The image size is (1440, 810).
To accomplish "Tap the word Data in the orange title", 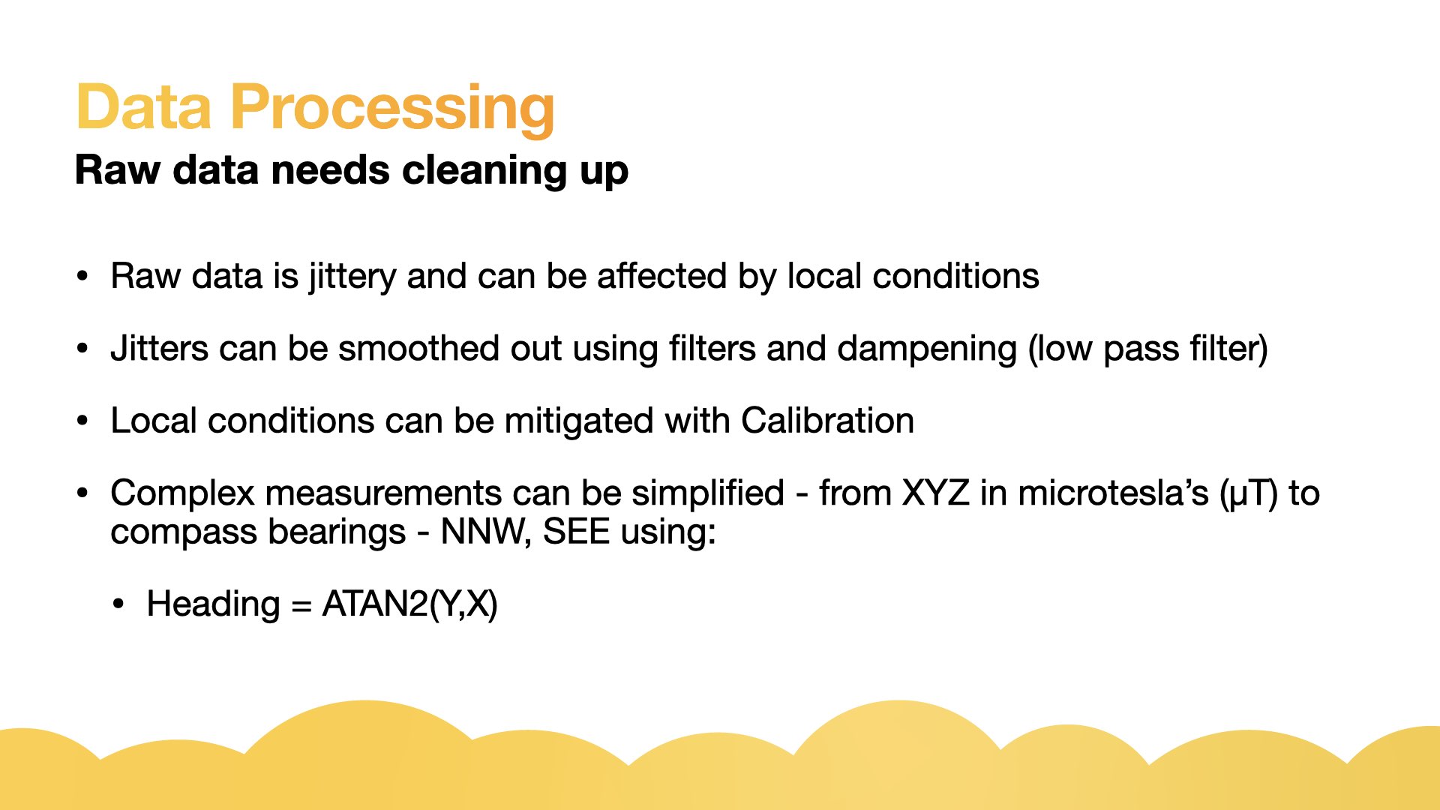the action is (144, 106).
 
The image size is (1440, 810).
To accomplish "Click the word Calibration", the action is (828, 420).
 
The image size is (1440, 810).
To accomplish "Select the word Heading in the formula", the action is (213, 604).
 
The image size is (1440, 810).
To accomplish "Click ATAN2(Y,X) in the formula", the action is (410, 604).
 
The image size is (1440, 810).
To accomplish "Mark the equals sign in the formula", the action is (301, 606).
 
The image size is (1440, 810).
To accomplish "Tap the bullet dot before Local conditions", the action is (82, 421).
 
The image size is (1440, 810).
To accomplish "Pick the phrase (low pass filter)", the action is (1148, 349).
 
